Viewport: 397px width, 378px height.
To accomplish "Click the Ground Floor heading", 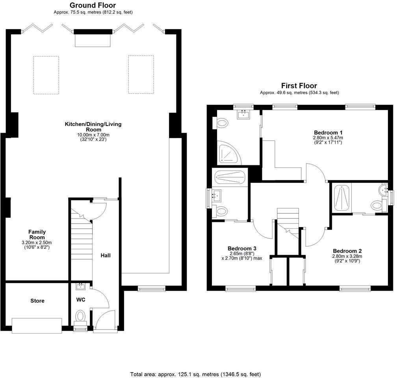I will click(x=93, y=5).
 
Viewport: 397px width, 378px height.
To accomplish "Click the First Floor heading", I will click(x=299, y=85).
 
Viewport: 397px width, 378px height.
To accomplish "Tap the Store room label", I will click(x=37, y=301).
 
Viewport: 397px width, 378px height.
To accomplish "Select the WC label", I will click(x=81, y=300).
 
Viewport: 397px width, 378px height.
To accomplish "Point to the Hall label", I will click(x=106, y=255).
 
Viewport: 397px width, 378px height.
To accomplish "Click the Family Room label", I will click(x=37, y=235).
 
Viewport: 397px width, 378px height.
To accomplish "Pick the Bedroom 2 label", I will click(x=347, y=251).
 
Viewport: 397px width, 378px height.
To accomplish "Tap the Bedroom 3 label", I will click(x=242, y=248).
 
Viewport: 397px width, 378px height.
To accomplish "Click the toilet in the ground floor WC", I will click(x=81, y=316).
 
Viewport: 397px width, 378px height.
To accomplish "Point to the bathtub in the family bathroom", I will click(x=230, y=177).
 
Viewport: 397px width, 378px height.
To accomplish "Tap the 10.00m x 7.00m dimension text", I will click(x=93, y=134).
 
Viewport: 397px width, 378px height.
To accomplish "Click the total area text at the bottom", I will click(x=195, y=374).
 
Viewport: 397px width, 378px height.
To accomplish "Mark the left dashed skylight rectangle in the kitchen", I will click(x=46, y=75).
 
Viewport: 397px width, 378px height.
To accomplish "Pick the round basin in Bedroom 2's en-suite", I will click(x=383, y=191).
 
